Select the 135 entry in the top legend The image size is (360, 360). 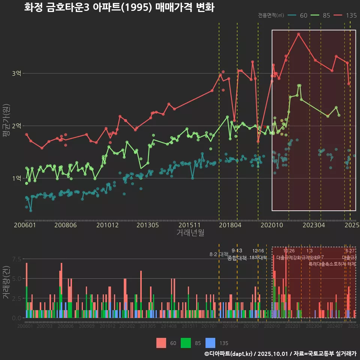pyautogui.click(x=351, y=15)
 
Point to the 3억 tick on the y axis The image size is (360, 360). pyautogui.click(x=16, y=73)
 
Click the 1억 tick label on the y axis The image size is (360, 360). pyautogui.click(x=16, y=178)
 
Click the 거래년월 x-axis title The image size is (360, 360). pyautogui.click(x=190, y=232)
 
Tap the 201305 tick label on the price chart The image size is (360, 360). pyautogui.click(x=147, y=225)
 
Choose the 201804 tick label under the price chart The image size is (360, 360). pyautogui.click(x=230, y=225)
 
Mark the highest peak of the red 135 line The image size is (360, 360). pyautogui.click(x=298, y=34)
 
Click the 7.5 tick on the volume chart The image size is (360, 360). pyautogui.click(x=16, y=259)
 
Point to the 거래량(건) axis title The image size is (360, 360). pyautogui.click(x=6, y=282)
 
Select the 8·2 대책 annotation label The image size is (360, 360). pyautogui.click(x=219, y=254)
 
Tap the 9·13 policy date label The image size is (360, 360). pyautogui.click(x=237, y=250)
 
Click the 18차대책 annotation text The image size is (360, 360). pyautogui.click(x=258, y=258)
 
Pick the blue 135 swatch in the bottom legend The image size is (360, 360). pyautogui.click(x=211, y=343)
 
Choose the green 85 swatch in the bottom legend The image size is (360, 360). pyautogui.click(x=186, y=343)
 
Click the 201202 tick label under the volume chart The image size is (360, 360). pyautogui.click(x=127, y=326)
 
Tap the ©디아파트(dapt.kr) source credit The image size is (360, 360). pyautogui.click(x=228, y=354)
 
